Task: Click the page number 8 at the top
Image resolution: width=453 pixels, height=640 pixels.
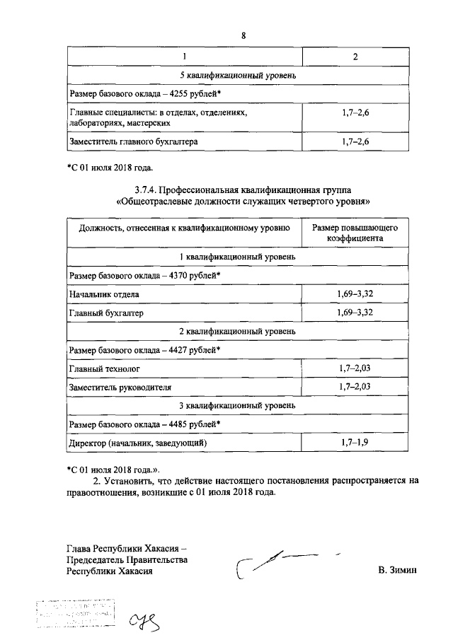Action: pos(243,35)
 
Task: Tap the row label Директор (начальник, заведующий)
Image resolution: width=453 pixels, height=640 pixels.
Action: pos(137,443)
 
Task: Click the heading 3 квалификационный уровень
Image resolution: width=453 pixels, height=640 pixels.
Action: pos(243,405)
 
